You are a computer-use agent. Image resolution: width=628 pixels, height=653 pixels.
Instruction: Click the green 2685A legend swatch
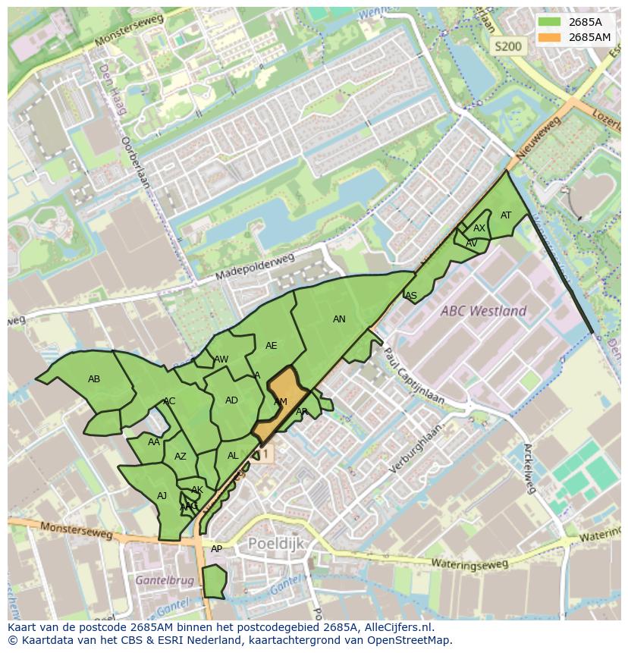tap(551, 22)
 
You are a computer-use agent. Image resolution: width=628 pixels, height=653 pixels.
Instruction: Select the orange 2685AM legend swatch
tap(551, 37)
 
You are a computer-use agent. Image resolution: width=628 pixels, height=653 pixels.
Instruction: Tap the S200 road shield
tap(507, 46)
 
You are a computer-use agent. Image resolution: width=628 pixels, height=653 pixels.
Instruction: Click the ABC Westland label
tap(485, 311)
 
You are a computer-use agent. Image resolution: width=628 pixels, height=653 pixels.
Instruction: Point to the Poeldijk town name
tap(275, 544)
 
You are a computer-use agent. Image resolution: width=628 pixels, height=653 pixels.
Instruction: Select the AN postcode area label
tap(339, 319)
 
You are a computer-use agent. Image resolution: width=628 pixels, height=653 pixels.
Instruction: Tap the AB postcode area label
tap(94, 379)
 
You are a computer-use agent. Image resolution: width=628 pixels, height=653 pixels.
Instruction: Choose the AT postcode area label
tap(506, 215)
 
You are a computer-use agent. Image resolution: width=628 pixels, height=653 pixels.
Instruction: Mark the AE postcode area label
tap(271, 346)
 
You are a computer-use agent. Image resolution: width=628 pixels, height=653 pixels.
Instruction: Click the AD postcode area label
tap(231, 400)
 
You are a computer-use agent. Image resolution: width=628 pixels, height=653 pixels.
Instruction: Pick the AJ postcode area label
tap(162, 496)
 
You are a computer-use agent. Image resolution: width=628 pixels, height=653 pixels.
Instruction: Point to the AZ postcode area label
tap(181, 457)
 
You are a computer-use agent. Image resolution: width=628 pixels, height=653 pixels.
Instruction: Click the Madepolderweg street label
tap(254, 268)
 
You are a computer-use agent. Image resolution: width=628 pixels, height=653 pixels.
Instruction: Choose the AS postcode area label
tap(411, 296)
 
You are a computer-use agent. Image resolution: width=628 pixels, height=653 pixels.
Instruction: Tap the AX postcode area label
tap(479, 228)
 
